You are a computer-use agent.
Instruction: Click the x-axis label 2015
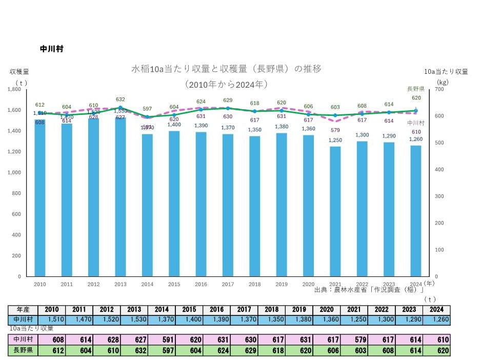(174, 284)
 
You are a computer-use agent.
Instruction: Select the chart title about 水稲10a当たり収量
(226, 69)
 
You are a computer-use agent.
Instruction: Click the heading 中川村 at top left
(51, 49)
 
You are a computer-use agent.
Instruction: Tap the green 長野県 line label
(415, 89)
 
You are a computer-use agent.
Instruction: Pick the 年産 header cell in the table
(23, 310)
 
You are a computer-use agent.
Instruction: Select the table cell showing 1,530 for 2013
(134, 319)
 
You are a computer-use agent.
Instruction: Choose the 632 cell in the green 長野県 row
(134, 351)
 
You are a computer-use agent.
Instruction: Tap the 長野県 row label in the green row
(23, 351)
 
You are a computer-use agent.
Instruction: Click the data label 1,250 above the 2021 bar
(335, 140)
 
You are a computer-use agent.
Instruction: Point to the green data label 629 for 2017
(228, 101)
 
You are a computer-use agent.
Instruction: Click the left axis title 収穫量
(19, 72)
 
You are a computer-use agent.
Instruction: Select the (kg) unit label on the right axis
(443, 82)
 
